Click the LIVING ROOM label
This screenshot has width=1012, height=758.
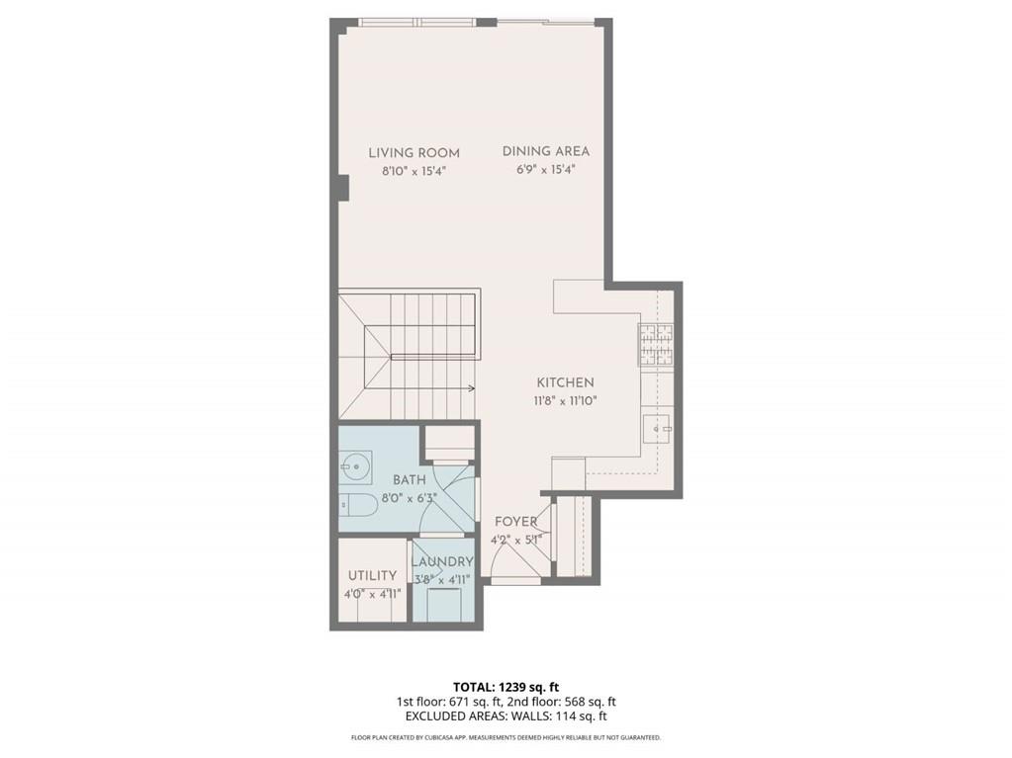coord(414,153)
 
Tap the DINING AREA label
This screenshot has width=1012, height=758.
coord(545,151)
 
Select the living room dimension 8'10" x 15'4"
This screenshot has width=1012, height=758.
coord(414,170)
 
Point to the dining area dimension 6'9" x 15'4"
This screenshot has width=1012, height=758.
coord(545,169)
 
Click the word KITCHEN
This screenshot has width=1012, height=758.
coord(565,382)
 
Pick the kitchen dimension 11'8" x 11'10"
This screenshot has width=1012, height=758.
coord(565,400)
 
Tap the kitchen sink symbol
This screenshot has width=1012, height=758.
coord(658,429)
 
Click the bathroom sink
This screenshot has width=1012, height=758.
coord(355,462)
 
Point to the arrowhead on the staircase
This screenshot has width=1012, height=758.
coord(473,387)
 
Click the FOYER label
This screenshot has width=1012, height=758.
coord(515,522)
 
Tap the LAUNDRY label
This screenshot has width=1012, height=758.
coord(442,562)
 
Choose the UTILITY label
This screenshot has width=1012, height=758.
coord(372,575)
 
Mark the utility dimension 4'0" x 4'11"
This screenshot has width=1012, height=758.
coord(372,593)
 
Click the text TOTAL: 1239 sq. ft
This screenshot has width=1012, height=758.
coord(506,686)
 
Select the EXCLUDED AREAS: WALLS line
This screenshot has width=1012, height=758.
coord(506,716)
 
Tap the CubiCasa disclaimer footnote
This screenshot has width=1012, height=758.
coord(506,737)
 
